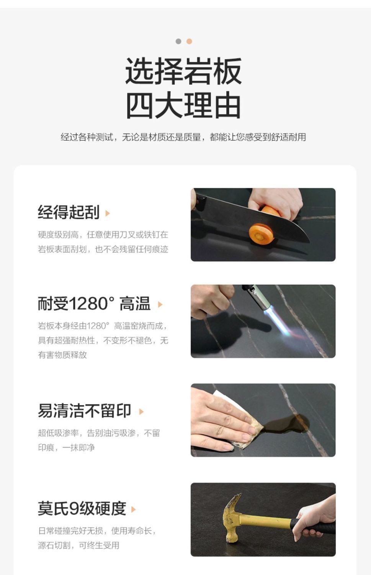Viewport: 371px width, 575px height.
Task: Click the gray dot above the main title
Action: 178,41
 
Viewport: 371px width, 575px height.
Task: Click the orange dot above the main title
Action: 189,41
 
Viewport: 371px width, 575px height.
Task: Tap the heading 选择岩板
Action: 183,71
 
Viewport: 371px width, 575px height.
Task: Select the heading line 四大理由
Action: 183,105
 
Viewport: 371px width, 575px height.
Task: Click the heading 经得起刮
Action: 69,212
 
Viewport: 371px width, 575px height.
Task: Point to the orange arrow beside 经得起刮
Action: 108,213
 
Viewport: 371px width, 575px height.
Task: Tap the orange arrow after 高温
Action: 160,304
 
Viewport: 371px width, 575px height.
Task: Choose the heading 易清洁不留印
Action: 85,411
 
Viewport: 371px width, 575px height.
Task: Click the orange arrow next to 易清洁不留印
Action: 141,411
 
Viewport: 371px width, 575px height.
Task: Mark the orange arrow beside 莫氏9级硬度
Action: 133,509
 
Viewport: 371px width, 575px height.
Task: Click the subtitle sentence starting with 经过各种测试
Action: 183,137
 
